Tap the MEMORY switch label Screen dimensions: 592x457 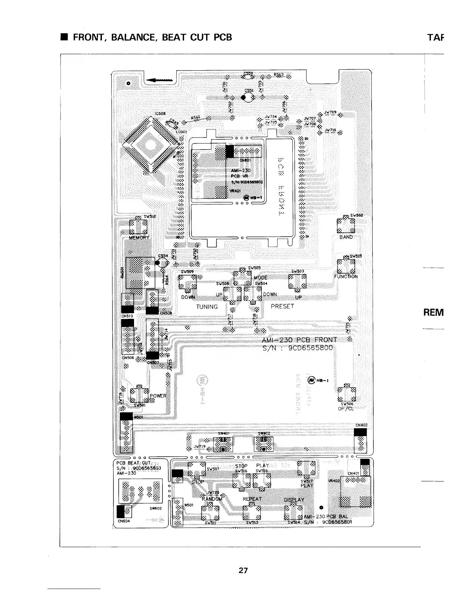click(139, 237)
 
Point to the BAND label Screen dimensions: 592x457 click(346, 237)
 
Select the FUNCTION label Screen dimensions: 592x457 click(346, 277)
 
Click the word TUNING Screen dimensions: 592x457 click(207, 307)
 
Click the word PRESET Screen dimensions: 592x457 click(282, 306)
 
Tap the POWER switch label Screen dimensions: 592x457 click(158, 396)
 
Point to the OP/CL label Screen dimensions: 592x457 click(346, 408)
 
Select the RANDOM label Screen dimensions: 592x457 click(212, 499)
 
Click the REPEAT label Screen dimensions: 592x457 click(252, 499)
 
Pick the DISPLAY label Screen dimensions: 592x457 click(294, 500)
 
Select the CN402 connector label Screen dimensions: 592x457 click(361, 425)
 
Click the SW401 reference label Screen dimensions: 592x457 click(224, 434)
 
